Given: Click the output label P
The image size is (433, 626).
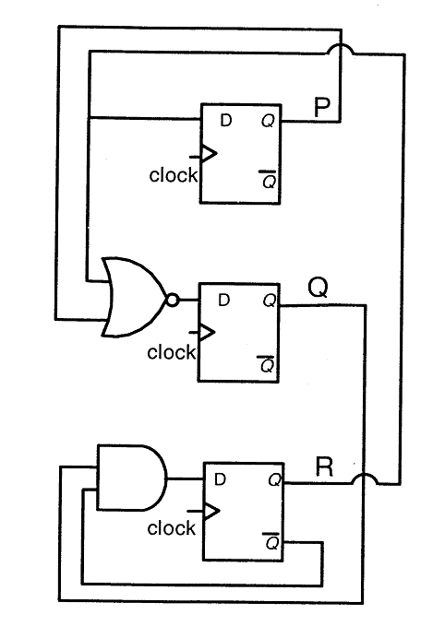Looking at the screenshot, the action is [322, 107].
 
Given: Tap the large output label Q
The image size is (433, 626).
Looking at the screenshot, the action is [319, 288].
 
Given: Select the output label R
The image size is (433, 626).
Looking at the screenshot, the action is [324, 467].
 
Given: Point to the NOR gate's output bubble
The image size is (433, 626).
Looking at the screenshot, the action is [172, 301].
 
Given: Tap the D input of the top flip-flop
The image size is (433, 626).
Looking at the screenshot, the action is [226, 120].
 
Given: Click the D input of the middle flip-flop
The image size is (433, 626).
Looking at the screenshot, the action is [224, 300].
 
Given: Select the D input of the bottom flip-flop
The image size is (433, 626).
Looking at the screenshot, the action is [221, 479].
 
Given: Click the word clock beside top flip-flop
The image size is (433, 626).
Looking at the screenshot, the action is [174, 175].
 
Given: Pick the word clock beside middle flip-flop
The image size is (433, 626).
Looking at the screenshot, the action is [171, 352].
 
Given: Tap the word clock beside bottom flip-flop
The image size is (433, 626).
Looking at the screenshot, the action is [171, 528].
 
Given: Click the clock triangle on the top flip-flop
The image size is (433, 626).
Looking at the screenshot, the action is [209, 154].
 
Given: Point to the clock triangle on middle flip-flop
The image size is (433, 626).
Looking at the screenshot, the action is [207, 332].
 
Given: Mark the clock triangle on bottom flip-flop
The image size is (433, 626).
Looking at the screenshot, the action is [211, 511].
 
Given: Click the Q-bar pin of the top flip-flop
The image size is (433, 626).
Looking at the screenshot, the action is [269, 179].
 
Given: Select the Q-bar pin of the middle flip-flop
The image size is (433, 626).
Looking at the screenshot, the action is [266, 363].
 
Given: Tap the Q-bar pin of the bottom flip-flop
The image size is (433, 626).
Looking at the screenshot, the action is [271, 541].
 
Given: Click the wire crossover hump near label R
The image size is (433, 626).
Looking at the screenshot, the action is [365, 478].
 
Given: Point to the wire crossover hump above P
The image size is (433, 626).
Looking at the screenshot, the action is [341, 49].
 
